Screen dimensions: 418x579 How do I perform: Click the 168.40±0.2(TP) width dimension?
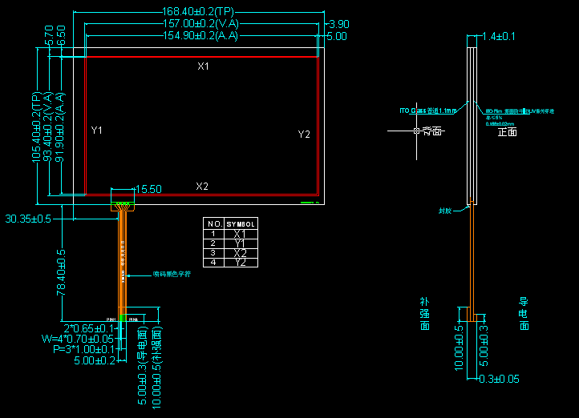(x=198, y=12)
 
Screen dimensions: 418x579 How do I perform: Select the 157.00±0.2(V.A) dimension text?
(x=201, y=24)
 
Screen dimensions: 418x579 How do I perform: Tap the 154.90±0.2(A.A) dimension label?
(x=201, y=36)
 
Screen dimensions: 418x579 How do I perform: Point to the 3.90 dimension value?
(x=339, y=24)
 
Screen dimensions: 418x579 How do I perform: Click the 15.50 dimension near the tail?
(x=148, y=190)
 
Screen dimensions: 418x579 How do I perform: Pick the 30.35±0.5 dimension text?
(x=28, y=218)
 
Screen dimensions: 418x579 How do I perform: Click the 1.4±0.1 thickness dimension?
(x=499, y=36)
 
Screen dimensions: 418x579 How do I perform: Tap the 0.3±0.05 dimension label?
(x=499, y=379)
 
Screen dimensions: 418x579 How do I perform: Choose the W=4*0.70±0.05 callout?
(x=78, y=339)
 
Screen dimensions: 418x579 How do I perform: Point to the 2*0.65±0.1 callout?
(x=89, y=328)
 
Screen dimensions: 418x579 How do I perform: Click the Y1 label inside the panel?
(x=97, y=130)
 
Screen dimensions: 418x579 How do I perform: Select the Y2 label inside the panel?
(x=304, y=135)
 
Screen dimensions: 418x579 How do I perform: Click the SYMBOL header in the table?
(x=241, y=223)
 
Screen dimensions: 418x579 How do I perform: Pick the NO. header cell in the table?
(x=213, y=223)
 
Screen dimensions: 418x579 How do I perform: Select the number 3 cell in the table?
(x=213, y=253)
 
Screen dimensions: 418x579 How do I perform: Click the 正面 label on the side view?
(x=508, y=132)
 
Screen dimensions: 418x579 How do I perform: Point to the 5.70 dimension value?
(x=50, y=34)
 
